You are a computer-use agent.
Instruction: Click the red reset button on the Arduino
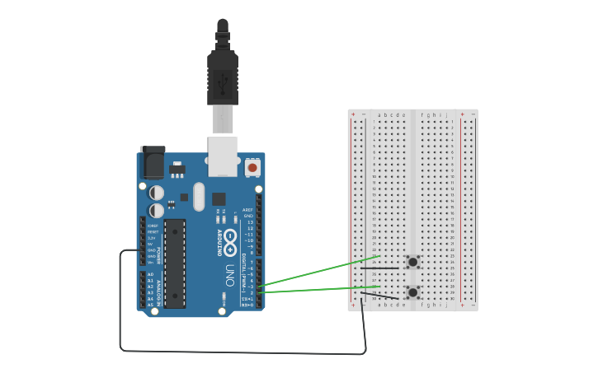click(252, 168)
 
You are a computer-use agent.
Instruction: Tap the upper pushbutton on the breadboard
click(412, 263)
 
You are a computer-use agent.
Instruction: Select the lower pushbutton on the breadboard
click(412, 292)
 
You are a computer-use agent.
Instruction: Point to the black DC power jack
click(153, 162)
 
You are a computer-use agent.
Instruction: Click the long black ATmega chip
click(174, 263)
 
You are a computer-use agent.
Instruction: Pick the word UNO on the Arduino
click(230, 272)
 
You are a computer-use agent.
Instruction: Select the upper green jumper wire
click(322, 271)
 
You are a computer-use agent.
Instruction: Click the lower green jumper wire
click(318, 289)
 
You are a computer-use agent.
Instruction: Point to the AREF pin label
click(247, 210)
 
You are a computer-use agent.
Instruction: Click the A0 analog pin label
click(150, 274)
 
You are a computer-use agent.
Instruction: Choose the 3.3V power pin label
click(151, 238)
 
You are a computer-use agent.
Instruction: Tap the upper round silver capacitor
click(157, 193)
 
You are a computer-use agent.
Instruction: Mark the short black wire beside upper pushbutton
click(379, 268)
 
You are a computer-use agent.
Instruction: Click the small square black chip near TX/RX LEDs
click(219, 198)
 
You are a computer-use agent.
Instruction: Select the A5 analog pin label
click(150, 305)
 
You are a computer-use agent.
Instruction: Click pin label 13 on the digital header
click(250, 222)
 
